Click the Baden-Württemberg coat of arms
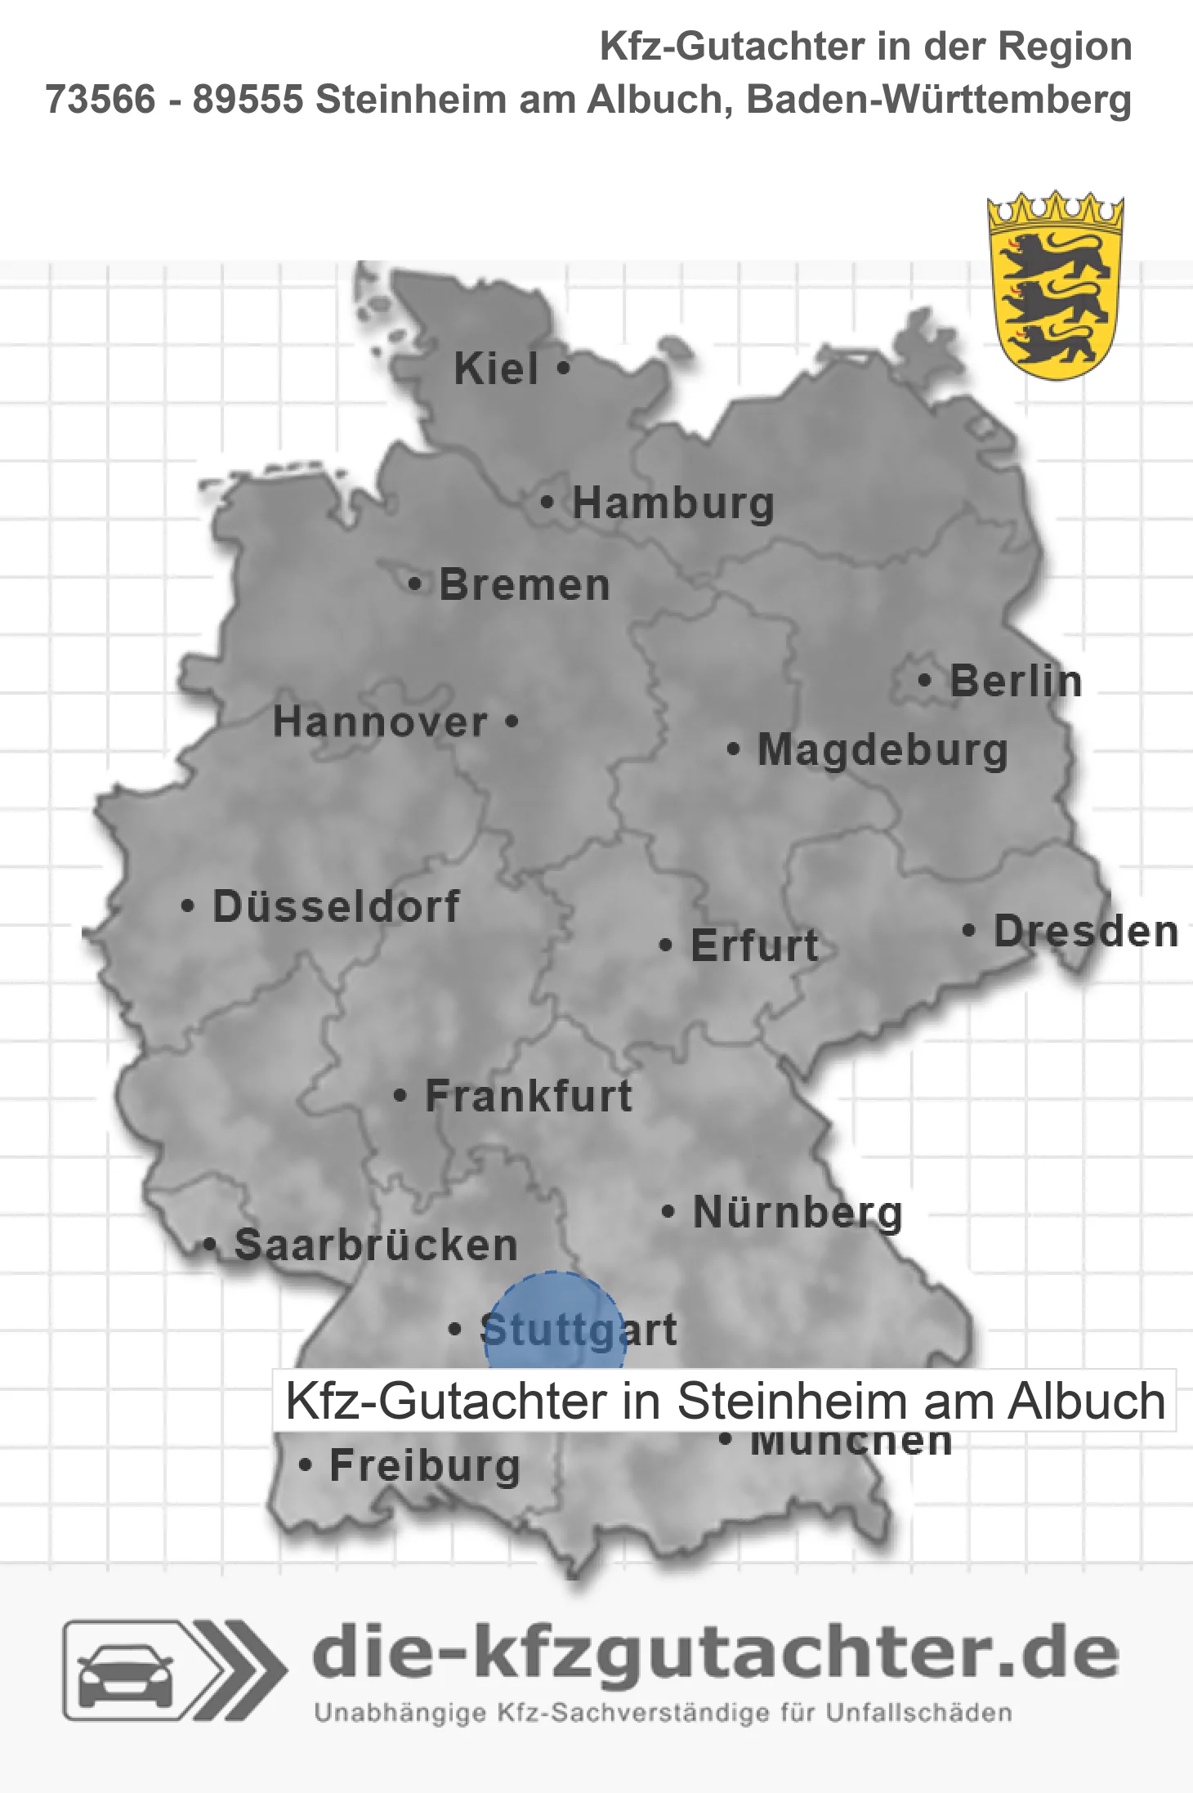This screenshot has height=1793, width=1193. click(1055, 286)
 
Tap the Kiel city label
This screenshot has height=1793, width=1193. click(496, 369)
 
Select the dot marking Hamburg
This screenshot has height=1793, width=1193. click(547, 503)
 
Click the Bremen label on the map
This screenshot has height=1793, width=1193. click(525, 585)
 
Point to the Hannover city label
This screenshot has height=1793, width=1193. click(380, 722)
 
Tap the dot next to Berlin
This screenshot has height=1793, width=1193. click(924, 680)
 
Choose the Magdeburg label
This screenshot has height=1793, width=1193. click(882, 750)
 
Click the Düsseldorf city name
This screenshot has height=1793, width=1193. click(336, 906)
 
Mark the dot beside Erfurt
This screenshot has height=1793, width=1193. click(666, 946)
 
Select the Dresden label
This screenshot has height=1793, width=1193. click(1086, 932)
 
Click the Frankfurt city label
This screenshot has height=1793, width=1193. click(529, 1096)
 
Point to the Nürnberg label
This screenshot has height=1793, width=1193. click(798, 1212)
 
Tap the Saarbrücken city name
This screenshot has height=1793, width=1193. click(376, 1245)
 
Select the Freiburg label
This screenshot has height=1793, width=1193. click(425, 1466)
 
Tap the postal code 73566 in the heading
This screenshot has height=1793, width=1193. click(100, 100)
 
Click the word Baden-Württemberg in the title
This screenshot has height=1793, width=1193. click(939, 100)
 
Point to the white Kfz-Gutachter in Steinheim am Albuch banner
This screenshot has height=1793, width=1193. click(724, 1401)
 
